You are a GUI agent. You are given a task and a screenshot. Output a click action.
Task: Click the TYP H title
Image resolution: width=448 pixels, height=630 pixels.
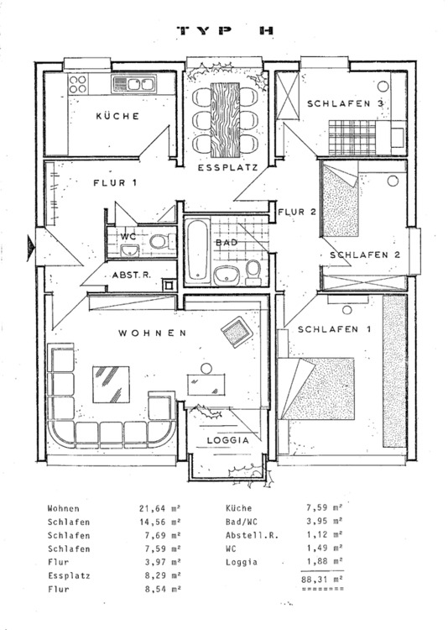tap(226, 30)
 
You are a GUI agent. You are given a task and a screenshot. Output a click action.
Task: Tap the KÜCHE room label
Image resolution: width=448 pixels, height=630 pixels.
tap(117, 116)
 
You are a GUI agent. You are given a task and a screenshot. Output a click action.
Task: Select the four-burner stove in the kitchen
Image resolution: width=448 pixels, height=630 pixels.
tap(78, 84)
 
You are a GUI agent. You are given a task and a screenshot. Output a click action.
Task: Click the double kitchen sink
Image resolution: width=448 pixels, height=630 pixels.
tap(134, 84)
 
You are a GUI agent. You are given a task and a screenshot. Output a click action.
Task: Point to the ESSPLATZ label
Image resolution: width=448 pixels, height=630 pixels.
tap(227, 167)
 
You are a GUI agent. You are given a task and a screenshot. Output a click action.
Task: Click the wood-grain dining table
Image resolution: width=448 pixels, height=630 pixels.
tap(225, 120)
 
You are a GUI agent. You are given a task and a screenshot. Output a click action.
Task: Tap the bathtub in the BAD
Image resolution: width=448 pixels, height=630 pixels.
tap(197, 251)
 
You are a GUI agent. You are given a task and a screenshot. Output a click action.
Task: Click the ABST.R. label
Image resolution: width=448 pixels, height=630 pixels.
tap(131, 276)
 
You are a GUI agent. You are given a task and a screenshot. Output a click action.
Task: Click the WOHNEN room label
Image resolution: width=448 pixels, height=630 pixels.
tap(152, 333)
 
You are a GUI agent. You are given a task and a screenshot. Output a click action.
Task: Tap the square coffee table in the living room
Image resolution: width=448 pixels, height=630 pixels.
tap(112, 385)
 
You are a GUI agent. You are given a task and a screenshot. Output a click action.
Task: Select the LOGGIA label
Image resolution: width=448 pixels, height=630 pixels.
tap(228, 440)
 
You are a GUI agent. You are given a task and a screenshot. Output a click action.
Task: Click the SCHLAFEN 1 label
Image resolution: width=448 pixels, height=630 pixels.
tap(334, 329)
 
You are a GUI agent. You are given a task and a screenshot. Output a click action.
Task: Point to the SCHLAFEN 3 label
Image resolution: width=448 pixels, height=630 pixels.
tap(345, 103)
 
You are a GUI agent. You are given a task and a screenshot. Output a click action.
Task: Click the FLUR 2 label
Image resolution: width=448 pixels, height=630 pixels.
tap(297, 212)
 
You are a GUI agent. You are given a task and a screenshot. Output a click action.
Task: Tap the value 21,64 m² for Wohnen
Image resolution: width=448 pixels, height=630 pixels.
tap(159, 509)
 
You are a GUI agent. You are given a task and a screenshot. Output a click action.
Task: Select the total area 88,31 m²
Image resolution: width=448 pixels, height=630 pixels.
tap(322, 580)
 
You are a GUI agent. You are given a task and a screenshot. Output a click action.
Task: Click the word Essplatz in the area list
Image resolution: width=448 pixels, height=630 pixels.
tap(69, 575)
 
